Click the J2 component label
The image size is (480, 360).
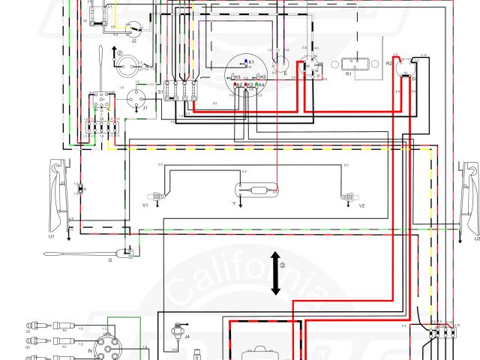coord(133,42)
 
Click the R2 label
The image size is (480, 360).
coord(389,64)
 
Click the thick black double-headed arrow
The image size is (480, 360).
coord(276,274)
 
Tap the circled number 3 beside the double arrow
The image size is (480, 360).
coord(283,265)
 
